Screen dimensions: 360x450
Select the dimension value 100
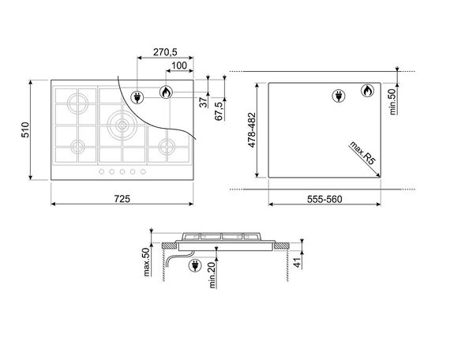point(178,66)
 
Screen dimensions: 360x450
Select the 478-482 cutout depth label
point(252,130)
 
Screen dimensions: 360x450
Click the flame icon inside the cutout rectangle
point(367,92)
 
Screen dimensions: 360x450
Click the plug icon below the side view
point(193,267)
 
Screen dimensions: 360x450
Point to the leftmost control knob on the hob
point(101,172)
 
